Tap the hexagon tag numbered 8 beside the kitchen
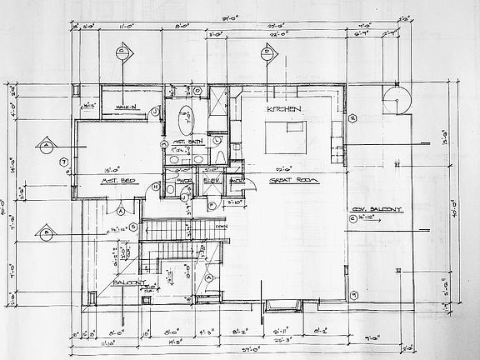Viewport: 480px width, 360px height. coord(353,119)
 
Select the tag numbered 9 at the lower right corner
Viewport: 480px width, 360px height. coord(353,294)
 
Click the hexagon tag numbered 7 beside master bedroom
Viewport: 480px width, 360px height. coord(63,162)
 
